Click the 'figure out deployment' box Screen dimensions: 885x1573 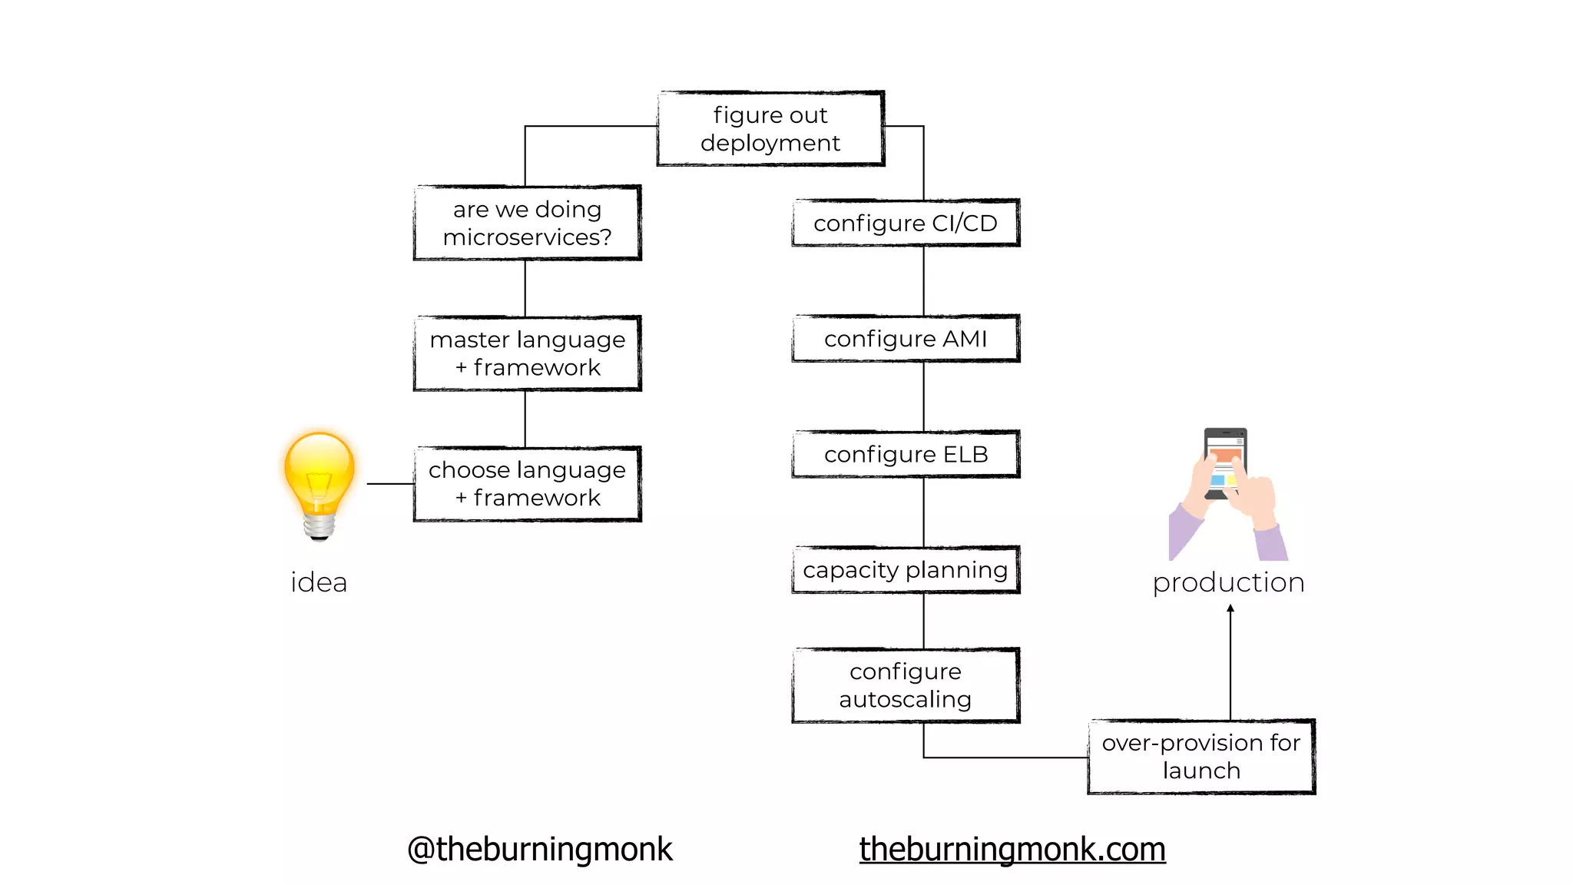click(770, 129)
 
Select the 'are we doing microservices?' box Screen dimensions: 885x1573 click(527, 223)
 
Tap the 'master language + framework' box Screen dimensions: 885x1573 click(527, 353)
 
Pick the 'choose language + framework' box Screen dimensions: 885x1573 click(527, 484)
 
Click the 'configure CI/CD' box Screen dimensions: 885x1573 click(906, 223)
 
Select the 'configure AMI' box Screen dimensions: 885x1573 click(906, 339)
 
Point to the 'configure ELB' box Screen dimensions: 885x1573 click(906, 454)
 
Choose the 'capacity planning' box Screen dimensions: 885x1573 click(906, 570)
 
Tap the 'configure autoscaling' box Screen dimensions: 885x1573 click(906, 685)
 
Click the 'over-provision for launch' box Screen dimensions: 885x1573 click(1201, 757)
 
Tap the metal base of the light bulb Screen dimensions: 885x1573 click(319, 527)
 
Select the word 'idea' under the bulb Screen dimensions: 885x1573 click(319, 582)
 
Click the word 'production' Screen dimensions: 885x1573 click(1228, 582)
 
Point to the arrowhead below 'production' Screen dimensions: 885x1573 click(1230, 608)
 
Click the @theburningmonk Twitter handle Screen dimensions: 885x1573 click(539, 850)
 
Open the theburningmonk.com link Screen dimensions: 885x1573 click(1012, 850)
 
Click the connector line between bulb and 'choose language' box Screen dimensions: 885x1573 click(390, 484)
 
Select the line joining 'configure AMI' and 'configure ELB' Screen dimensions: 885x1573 click(924, 396)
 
